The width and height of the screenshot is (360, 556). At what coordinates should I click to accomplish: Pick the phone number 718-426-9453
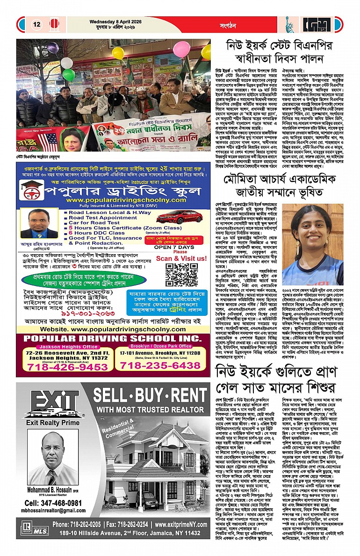62,367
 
